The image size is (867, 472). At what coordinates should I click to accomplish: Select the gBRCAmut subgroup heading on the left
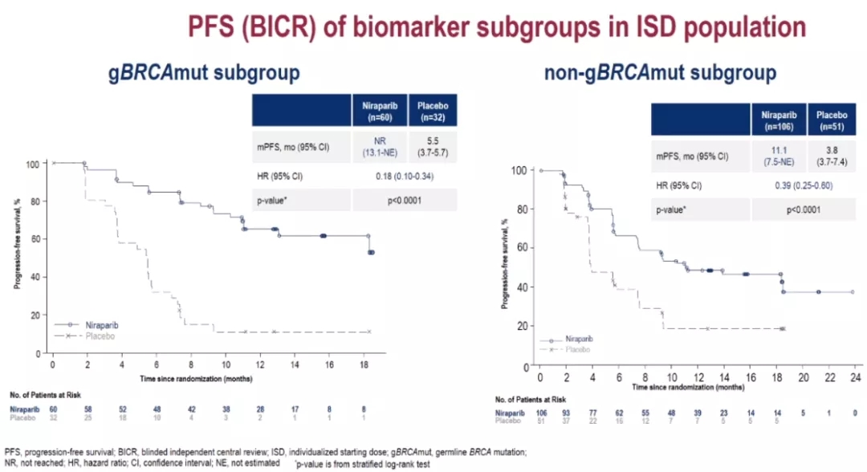coord(205,72)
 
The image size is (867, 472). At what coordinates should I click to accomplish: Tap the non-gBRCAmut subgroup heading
coord(660,74)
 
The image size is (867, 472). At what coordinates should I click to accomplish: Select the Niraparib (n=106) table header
coord(778,121)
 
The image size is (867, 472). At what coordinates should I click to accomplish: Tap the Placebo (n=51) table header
coord(830,121)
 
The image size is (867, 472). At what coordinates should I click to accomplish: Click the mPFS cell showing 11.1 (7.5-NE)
coord(778,155)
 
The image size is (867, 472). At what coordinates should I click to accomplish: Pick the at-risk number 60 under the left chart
coord(53,409)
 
